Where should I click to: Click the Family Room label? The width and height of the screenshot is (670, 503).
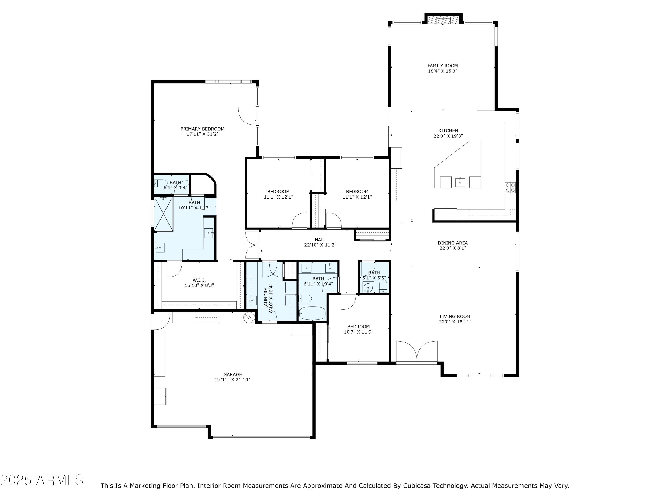point(442,66)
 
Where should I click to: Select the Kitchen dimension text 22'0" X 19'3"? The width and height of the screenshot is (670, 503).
point(448,136)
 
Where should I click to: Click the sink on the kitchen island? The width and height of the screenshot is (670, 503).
point(460,182)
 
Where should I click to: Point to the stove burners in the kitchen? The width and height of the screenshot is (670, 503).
point(510,187)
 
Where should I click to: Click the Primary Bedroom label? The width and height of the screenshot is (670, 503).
point(202,129)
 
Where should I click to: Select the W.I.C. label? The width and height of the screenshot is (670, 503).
point(199,280)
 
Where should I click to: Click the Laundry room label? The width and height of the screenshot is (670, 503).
point(266,298)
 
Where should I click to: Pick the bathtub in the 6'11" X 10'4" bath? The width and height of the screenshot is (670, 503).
point(312,313)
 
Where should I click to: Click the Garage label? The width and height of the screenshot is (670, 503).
point(233,374)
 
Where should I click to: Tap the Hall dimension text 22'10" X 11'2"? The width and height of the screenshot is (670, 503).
point(320,245)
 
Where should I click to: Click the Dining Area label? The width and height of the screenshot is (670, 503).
point(452,243)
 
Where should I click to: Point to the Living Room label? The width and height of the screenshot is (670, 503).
point(455,317)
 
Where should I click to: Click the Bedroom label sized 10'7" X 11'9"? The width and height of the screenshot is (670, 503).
point(358,327)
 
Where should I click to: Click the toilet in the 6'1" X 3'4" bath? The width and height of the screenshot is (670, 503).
point(161,183)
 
